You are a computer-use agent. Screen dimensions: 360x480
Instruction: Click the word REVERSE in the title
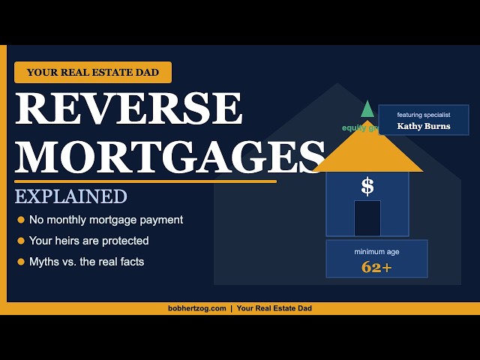pyautogui.click(x=129, y=109)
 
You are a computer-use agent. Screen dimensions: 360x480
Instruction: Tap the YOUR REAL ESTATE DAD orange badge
pyautogui.click(x=93, y=72)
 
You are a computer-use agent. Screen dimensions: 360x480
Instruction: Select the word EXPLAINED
pyautogui.click(x=70, y=196)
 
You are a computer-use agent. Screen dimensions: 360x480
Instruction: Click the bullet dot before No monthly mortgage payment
pyautogui.click(x=21, y=220)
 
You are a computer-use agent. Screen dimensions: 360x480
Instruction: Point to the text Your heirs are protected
pyautogui.click(x=88, y=241)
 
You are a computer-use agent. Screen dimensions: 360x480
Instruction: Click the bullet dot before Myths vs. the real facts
pyautogui.click(x=21, y=262)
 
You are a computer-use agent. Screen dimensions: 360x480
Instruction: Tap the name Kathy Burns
pyautogui.click(x=423, y=126)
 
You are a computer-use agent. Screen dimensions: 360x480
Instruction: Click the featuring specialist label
pyautogui.click(x=423, y=115)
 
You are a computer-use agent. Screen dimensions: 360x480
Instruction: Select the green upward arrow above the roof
pyautogui.click(x=367, y=109)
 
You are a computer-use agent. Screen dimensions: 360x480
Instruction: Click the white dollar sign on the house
pyautogui.click(x=367, y=186)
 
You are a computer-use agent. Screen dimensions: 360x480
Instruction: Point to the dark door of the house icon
pyautogui.click(x=367, y=218)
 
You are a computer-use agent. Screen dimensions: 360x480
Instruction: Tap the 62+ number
pyautogui.click(x=376, y=266)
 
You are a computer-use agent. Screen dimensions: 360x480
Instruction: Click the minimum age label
pyautogui.click(x=376, y=252)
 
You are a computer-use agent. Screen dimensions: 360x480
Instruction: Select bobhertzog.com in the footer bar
pyautogui.click(x=197, y=308)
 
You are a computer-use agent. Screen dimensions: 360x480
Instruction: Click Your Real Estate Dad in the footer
pyautogui.click(x=274, y=308)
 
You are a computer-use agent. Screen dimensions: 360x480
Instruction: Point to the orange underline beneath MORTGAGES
pyautogui.click(x=145, y=181)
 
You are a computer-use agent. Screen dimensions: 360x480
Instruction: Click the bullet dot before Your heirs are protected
pyautogui.click(x=21, y=241)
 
